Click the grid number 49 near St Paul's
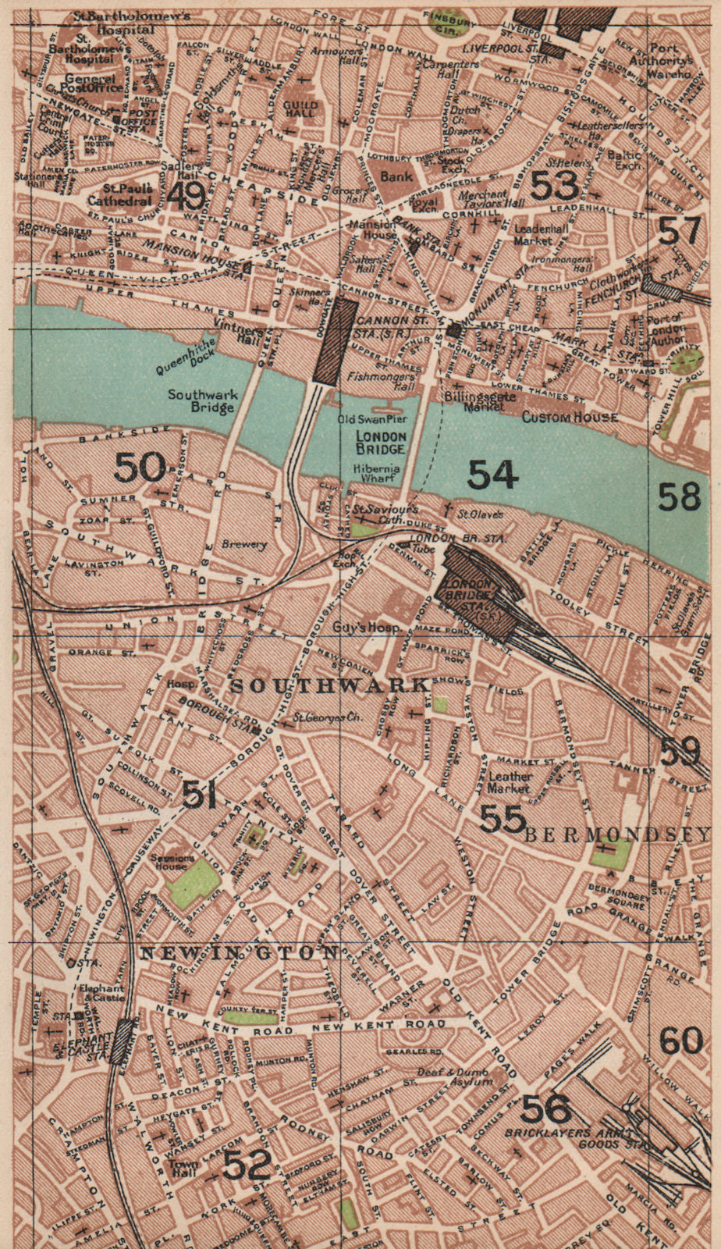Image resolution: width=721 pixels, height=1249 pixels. pyautogui.click(x=187, y=195)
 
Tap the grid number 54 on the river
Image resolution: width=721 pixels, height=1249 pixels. pyautogui.click(x=492, y=474)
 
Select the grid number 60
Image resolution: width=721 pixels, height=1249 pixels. pyautogui.click(x=680, y=1041)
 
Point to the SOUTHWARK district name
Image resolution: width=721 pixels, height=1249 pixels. pyautogui.click(x=329, y=685)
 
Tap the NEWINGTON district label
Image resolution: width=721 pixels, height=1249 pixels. pyautogui.click(x=240, y=953)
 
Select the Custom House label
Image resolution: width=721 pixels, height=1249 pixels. pyautogui.click(x=569, y=418)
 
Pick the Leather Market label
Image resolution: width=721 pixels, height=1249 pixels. pyautogui.click(x=510, y=783)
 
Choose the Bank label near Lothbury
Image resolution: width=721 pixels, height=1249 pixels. pyautogui.click(x=396, y=176)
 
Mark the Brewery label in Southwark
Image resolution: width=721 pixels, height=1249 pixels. pyautogui.click(x=243, y=545)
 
